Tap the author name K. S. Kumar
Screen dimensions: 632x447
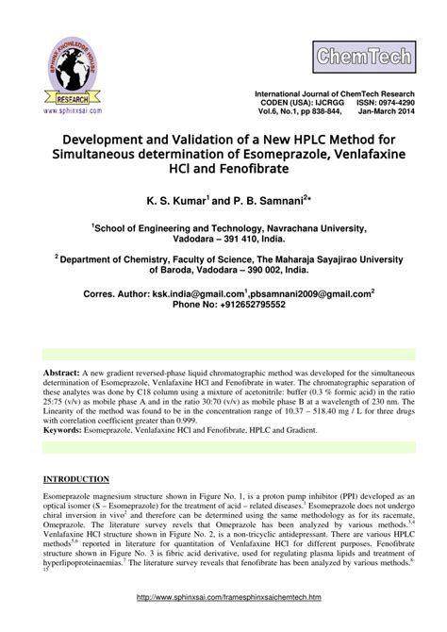[175, 201]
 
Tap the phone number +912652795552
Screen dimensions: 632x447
[248, 307]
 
